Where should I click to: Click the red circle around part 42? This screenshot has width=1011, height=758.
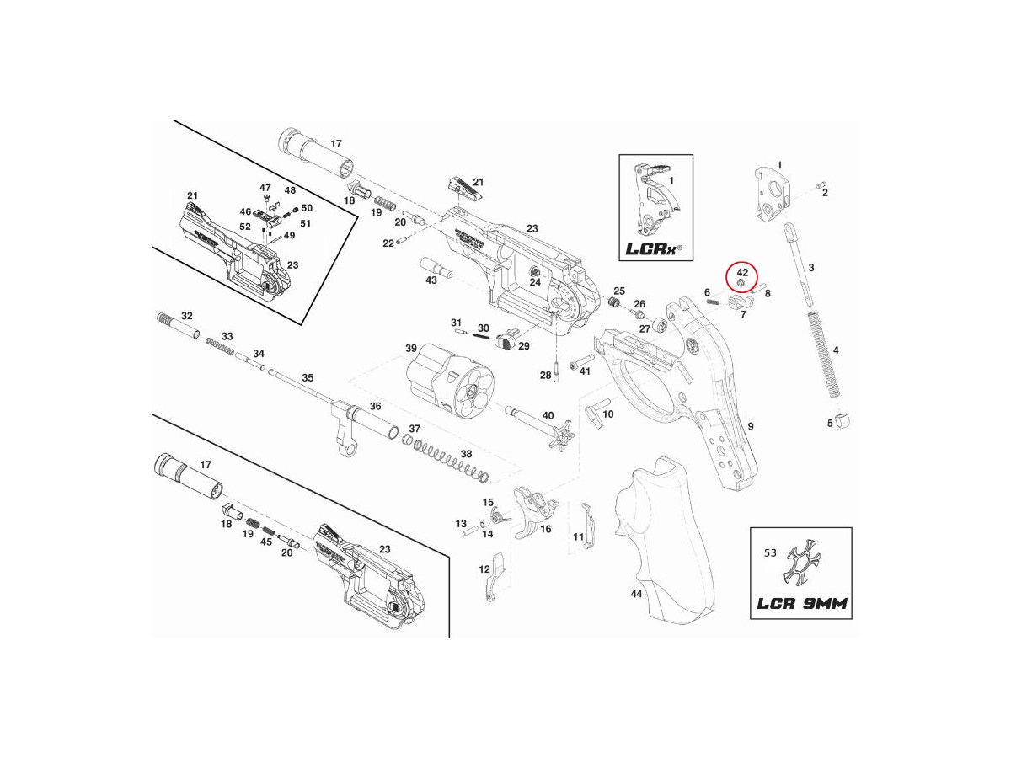742,279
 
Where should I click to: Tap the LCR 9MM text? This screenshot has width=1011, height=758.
800,604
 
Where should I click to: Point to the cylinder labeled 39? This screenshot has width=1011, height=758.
447,382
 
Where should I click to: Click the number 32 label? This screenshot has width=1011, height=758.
187,316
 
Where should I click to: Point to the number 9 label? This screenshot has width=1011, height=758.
750,427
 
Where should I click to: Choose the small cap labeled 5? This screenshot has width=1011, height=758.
846,420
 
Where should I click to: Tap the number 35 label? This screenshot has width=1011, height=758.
308,377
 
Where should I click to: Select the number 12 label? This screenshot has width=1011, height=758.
484,570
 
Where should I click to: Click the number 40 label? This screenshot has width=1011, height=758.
548,415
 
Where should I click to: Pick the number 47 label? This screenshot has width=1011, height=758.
265,188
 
